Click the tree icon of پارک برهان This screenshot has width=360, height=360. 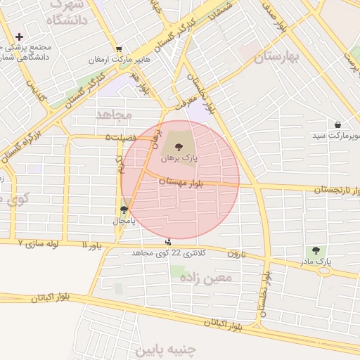coord(179,147)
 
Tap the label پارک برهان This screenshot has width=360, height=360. coord(179,159)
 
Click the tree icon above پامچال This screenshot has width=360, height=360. coord(124,209)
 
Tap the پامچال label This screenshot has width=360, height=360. coord(124,220)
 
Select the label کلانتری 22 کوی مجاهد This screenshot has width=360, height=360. coord(167,252)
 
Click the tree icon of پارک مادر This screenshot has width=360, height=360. coord(315,250)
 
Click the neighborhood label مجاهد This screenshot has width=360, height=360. coord(113,113)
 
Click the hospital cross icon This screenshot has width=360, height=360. coord(18,37)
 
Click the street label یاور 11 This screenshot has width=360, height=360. coord(91,246)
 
